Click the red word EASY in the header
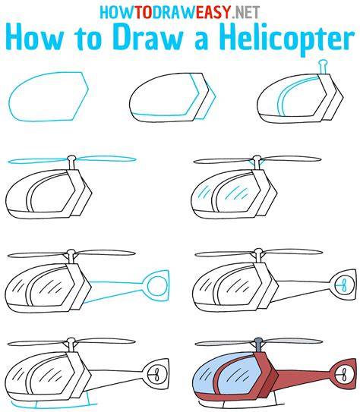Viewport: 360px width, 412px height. point(213,12)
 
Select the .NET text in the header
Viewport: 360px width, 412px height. point(246,12)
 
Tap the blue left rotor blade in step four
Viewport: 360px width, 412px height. point(37,161)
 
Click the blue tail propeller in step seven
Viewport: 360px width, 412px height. point(343,285)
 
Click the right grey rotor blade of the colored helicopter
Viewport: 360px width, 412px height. point(292,341)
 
